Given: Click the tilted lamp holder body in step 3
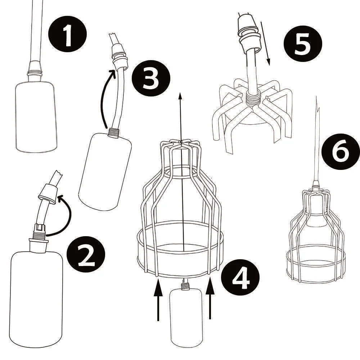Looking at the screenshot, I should coord(104,169).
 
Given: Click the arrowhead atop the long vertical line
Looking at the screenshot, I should coord(181,95).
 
